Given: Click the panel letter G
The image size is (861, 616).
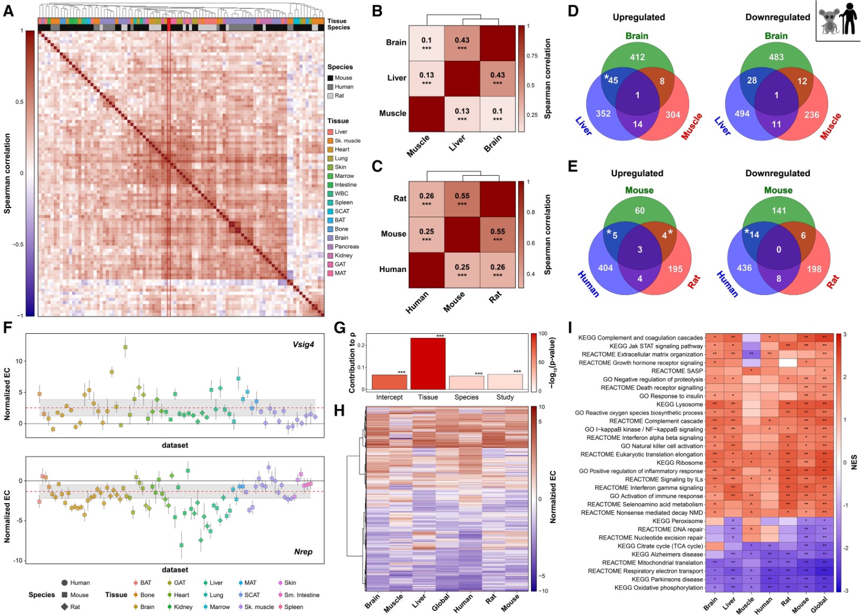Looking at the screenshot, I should click(340, 327).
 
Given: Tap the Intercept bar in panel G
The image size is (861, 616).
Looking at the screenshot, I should click(389, 382).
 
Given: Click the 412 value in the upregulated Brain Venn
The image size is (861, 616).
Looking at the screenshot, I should click(637, 57).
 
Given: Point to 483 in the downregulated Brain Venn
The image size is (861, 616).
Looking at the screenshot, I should click(776, 57).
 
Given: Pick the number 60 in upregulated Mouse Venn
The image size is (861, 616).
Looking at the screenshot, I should click(639, 211).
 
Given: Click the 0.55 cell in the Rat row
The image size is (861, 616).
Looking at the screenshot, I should click(462, 199).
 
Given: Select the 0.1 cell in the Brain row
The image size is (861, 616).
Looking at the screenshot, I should click(426, 43).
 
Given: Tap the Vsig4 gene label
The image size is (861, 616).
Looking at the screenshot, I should click(303, 345).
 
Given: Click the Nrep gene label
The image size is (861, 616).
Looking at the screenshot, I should click(303, 551).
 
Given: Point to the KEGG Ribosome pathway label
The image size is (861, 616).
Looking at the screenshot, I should click(680, 463).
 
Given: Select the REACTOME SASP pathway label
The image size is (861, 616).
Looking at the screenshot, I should click(677, 371).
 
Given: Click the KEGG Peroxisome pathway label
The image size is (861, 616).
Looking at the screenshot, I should click(677, 521).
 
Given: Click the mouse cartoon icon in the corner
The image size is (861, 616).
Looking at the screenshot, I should click(829, 23).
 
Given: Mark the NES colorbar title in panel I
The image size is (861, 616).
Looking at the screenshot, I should click(854, 462).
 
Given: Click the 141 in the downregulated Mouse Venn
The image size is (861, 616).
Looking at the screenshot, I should click(779, 211).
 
